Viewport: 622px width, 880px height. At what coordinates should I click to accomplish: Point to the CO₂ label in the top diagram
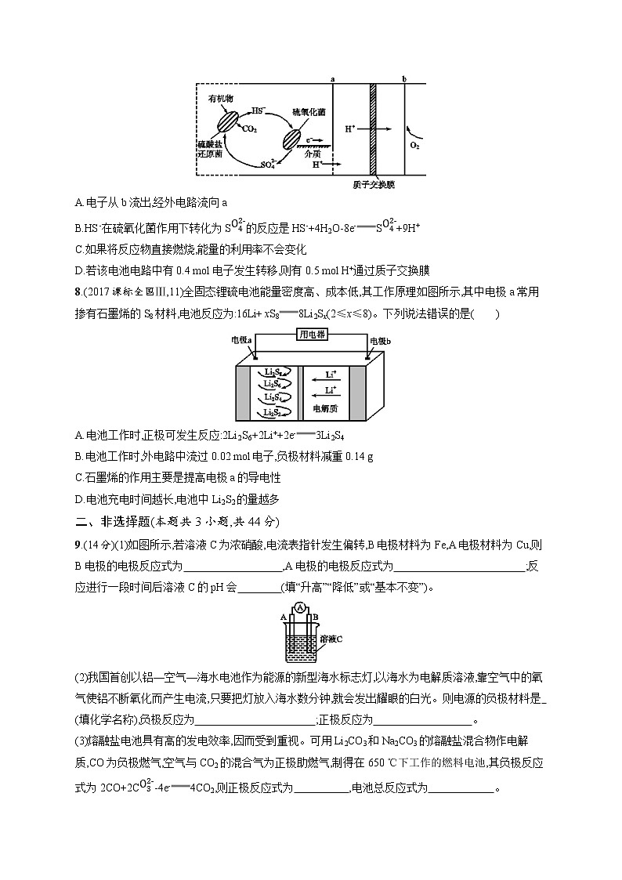(x=250, y=128)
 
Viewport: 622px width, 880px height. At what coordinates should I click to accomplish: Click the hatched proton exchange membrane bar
(x=374, y=129)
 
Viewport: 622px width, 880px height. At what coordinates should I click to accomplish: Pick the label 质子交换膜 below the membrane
(x=374, y=185)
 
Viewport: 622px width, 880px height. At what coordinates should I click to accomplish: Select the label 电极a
(x=240, y=340)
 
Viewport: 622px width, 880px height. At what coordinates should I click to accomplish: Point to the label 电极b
(x=380, y=340)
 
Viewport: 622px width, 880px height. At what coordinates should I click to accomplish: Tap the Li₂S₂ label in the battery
(x=273, y=412)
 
